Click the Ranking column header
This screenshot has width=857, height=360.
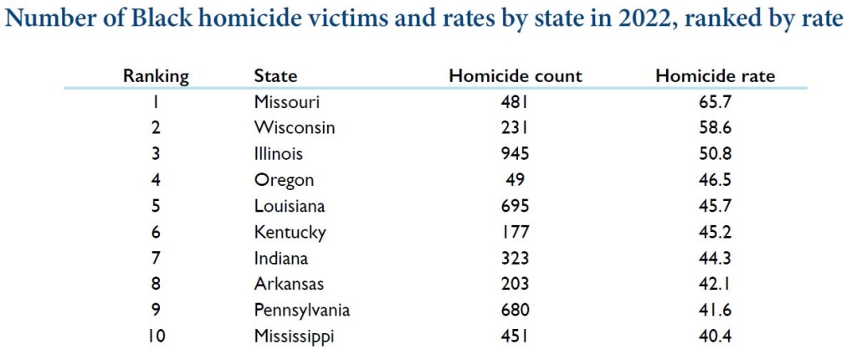pos(156,75)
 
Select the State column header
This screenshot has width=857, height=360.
pos(275,75)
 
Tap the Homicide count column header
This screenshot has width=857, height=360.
pos(515,75)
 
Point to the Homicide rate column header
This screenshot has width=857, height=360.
pos(715,75)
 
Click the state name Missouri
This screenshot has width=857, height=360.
pos(287,102)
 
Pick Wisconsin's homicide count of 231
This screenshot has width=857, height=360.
pos(515,128)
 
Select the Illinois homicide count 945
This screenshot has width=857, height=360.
pos(515,154)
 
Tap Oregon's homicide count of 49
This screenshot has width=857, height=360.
pos(515,180)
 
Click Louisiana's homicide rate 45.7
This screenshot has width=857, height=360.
pos(715,206)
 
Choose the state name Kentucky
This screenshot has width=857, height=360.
pos(290,233)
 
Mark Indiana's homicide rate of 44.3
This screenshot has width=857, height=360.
pos(715,259)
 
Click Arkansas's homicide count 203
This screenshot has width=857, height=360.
pos(515,285)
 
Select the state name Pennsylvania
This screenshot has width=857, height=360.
pos(301,311)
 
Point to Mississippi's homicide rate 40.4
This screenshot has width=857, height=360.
pos(715,337)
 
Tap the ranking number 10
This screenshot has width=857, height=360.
pos(156,337)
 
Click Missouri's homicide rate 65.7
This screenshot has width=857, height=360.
pos(715,102)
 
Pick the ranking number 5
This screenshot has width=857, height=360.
pos(156,206)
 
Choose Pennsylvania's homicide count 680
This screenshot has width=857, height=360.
pos(515,311)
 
